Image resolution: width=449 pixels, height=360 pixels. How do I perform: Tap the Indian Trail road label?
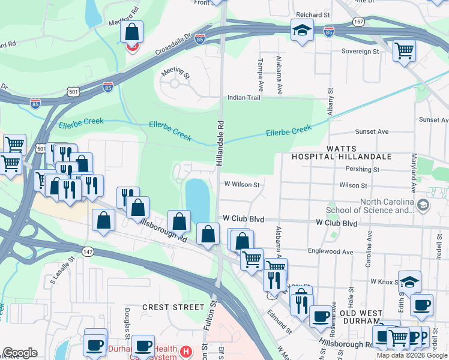click(243, 97)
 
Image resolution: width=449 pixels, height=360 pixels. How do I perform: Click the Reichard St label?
click(313, 14)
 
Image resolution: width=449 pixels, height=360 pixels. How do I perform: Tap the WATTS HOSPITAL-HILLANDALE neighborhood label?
click(342, 152)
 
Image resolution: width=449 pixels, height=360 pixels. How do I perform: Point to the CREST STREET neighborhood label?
click(173, 307)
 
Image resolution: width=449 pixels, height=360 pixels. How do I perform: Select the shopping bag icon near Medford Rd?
click(132, 31)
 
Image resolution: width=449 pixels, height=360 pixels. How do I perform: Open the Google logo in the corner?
click(20, 353)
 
